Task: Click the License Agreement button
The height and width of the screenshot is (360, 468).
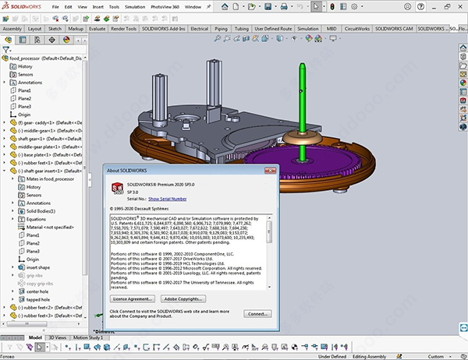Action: [x=131, y=298]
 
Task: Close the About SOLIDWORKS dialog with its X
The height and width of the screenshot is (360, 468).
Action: [x=269, y=170]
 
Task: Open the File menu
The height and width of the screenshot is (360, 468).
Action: [x=55, y=6]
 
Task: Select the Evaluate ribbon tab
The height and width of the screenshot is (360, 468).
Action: [x=97, y=29]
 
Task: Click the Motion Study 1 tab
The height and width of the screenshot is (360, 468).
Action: [x=88, y=337]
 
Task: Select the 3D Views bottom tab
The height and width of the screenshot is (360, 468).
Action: [x=58, y=337]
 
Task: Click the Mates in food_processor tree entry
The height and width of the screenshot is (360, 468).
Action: [x=50, y=178]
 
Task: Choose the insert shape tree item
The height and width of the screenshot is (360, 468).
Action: [x=39, y=267]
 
